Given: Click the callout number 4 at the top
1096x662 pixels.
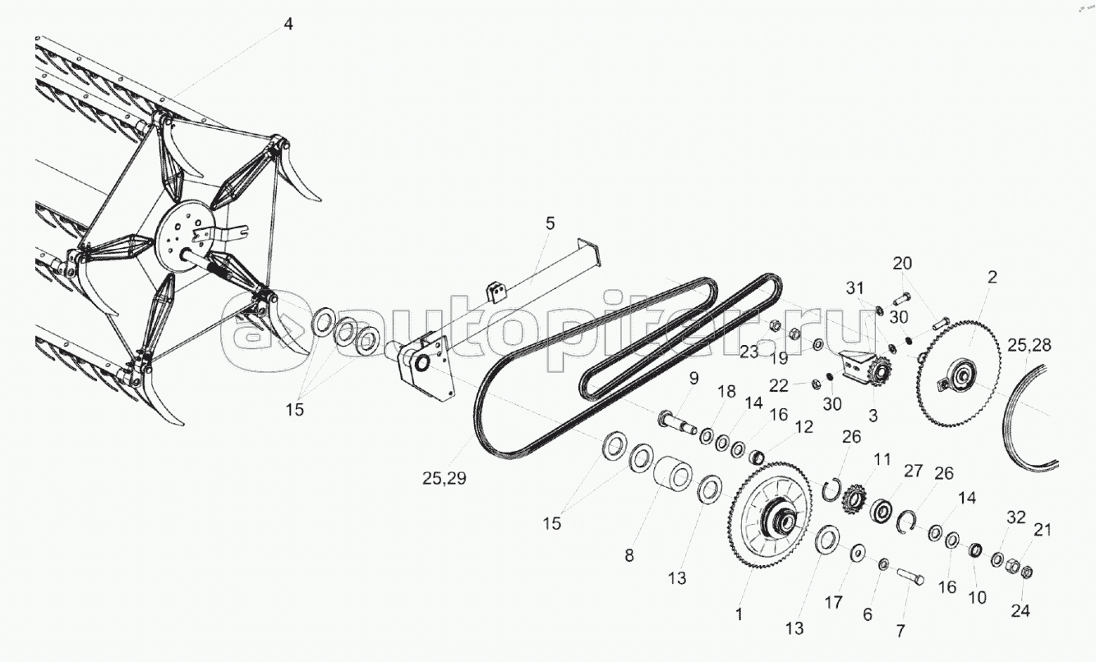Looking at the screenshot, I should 288,24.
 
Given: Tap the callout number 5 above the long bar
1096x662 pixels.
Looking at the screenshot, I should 550,223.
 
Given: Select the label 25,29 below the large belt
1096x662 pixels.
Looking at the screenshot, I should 444,477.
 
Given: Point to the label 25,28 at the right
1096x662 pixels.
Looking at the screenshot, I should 1029,345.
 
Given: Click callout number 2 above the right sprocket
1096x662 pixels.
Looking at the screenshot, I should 992,277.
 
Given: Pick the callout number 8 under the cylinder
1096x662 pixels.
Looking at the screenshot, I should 629,555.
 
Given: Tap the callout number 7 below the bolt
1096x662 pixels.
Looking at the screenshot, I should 900,631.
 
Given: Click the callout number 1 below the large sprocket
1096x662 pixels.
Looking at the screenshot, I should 739,614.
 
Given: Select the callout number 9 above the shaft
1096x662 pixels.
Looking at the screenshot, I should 693,378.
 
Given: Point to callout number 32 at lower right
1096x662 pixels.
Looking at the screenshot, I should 1016,517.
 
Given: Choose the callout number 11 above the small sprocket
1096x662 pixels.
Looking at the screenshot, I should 882,460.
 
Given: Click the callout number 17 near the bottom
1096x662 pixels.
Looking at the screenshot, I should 834,602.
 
